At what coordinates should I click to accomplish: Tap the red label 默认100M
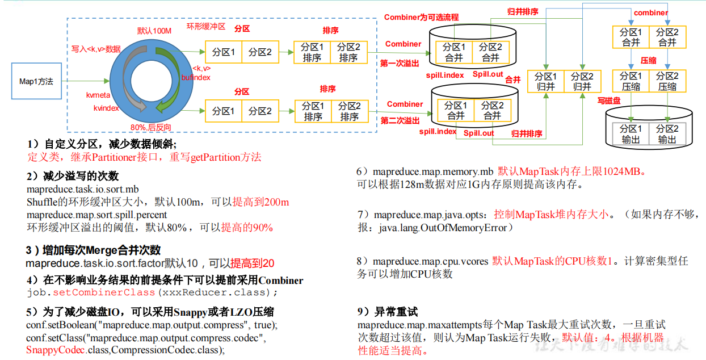point(154,31)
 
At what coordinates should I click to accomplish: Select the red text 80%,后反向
point(150,127)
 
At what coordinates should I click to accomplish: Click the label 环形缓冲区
point(206,26)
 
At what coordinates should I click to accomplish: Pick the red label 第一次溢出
point(400,63)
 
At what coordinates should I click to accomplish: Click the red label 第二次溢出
point(400,121)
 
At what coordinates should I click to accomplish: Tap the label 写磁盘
point(608,101)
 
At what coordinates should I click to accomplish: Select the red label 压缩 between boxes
point(648,60)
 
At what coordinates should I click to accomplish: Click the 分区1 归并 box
point(545,82)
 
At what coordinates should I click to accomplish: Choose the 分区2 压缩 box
point(667,81)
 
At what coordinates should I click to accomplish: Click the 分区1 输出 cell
point(631,134)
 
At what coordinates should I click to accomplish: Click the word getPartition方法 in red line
point(226,157)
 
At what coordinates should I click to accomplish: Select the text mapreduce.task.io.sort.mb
point(82,189)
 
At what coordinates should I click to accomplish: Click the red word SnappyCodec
point(56,350)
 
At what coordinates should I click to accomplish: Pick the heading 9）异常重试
point(387,312)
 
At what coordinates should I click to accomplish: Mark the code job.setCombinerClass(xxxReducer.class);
point(152,292)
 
